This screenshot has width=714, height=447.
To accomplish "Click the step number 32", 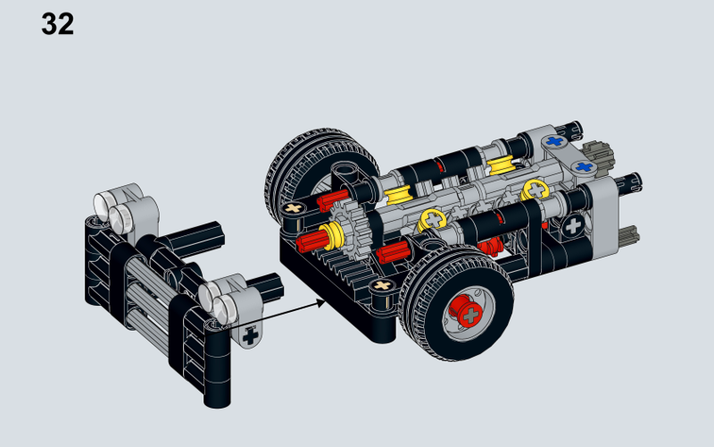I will coord(57,24).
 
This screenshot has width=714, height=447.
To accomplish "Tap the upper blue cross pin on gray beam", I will coord(555,140).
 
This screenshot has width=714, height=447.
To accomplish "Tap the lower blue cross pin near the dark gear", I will coord(585,166).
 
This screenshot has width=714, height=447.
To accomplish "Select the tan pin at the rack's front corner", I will coord(384,286).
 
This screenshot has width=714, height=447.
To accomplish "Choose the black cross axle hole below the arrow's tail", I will coord(250,337).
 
